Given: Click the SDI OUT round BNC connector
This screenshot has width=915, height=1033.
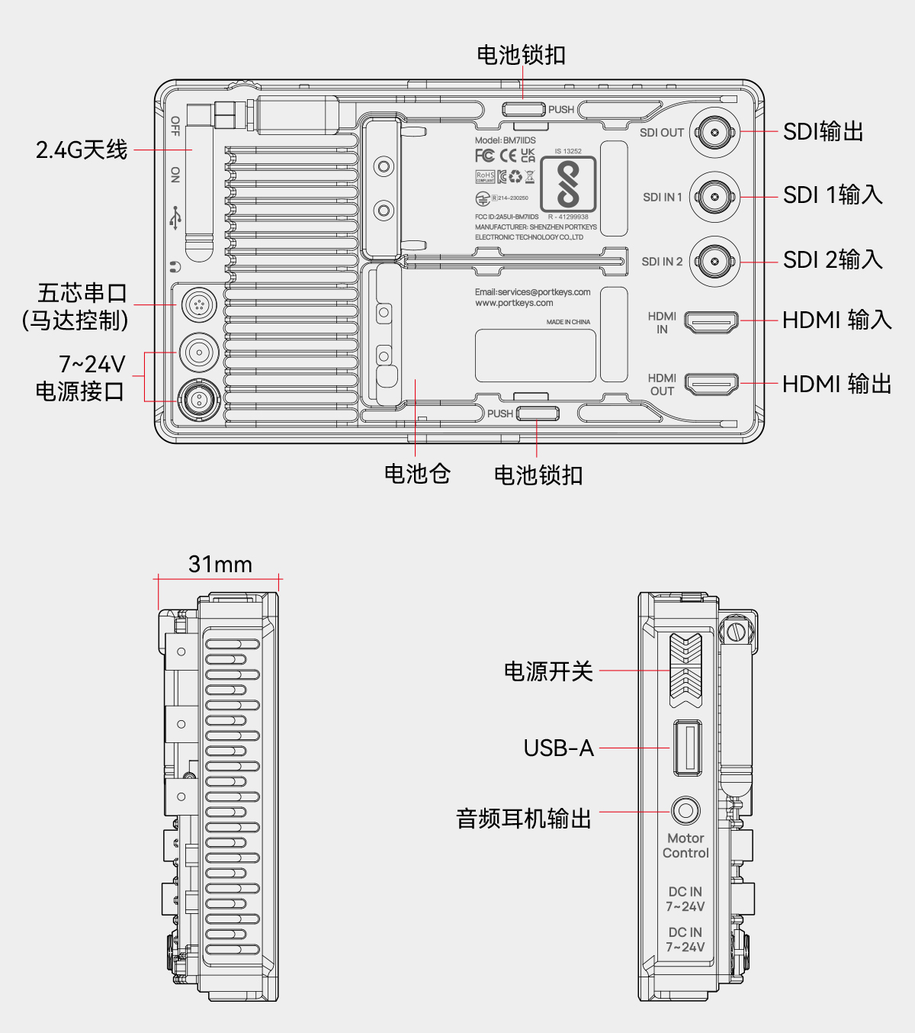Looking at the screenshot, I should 714,133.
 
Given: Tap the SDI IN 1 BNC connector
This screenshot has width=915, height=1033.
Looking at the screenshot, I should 714,198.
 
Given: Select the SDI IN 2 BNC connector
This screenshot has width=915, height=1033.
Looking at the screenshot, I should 714,262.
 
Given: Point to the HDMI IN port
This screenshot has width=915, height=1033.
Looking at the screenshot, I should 711,322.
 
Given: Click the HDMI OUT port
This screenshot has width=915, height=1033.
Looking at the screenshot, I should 711,384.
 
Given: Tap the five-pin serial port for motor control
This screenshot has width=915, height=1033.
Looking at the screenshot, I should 199,305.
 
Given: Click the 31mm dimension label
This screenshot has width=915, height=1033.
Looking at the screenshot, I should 220,565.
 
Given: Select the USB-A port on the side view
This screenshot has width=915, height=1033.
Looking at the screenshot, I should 687,748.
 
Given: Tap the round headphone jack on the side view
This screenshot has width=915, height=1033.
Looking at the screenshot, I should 685,810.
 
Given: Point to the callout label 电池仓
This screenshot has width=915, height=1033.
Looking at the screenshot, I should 417,475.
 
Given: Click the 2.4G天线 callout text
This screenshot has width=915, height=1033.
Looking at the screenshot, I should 82,150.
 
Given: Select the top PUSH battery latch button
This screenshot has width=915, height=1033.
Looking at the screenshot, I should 524,109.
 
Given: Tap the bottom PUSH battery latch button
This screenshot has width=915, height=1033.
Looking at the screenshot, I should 538,414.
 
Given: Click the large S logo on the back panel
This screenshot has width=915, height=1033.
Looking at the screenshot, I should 568,184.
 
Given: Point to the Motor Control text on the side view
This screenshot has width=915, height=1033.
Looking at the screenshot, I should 685,845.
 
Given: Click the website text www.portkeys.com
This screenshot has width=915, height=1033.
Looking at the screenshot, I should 514,303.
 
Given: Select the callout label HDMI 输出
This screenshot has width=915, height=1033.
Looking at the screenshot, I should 837,384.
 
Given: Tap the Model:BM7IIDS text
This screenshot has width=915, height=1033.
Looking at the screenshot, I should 505,140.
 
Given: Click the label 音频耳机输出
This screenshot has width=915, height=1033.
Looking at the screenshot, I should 524,819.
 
